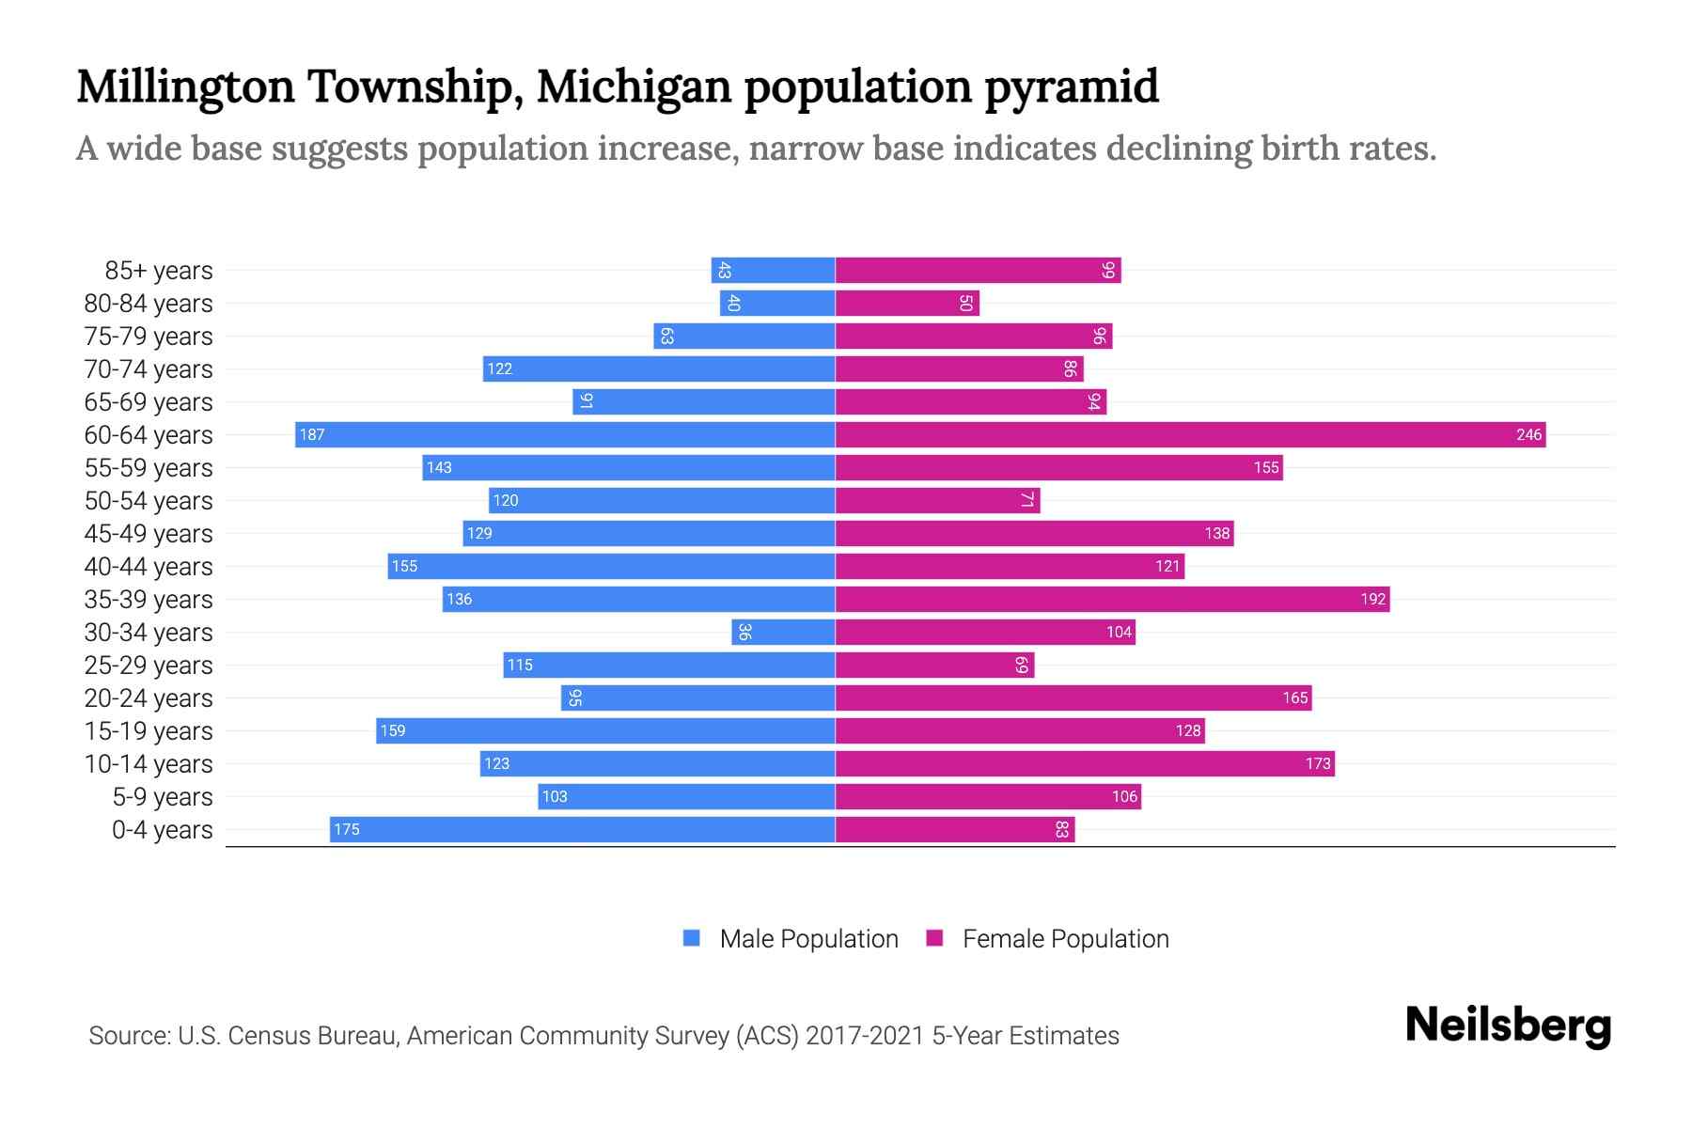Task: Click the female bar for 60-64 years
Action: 1190,434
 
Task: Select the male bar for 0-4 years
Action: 583,829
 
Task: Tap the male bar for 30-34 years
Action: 783,632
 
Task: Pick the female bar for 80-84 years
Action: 907,303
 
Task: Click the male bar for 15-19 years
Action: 605,730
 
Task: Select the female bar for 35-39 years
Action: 1112,599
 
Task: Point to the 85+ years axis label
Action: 159,271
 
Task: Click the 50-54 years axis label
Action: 149,501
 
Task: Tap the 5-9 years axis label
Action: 163,797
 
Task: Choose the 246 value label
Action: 1528,434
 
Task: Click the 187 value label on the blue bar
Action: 312,434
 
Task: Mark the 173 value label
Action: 1318,763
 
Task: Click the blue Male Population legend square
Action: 692,938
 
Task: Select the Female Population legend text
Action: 1065,939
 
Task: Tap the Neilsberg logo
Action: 1508,1026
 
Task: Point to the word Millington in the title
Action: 185,86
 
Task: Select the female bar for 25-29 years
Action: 934,665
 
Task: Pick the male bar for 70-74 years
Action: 659,368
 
